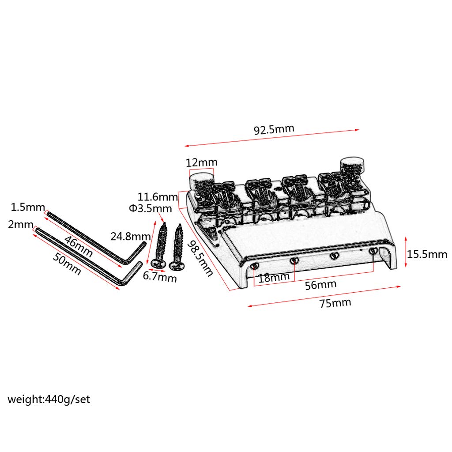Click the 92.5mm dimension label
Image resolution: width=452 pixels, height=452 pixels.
(274, 129)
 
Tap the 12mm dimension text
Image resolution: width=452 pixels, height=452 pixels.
(201, 162)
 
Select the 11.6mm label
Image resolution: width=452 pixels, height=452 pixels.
(158, 197)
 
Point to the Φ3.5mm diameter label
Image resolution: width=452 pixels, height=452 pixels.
(150, 208)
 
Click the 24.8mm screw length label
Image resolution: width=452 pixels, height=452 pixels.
(131, 237)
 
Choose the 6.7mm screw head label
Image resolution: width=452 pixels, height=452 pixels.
(160, 277)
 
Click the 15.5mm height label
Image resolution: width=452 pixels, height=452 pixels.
(427, 254)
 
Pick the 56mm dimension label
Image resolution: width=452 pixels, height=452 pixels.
(321, 285)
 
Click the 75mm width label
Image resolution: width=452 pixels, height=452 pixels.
(335, 303)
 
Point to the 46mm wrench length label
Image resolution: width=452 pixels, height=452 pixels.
(79, 246)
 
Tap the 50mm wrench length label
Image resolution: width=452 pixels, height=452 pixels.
(67, 264)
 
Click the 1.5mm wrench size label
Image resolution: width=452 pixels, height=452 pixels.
(28, 207)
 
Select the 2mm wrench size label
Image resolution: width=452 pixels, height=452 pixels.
(20, 225)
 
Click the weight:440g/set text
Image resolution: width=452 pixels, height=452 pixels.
(49, 399)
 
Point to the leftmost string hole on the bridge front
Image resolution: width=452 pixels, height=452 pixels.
(254, 266)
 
